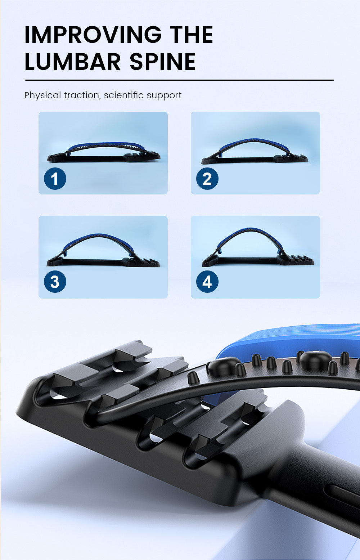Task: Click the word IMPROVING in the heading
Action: tap(93, 35)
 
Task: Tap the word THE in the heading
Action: tap(192, 35)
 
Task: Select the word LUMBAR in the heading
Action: tap(72, 62)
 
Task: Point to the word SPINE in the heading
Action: tap(162, 62)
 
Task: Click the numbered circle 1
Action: tap(55, 179)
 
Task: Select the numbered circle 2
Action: tap(207, 179)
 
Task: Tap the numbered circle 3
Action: tap(55, 282)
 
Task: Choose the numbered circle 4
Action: tap(207, 282)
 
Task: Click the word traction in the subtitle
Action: tap(81, 95)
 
